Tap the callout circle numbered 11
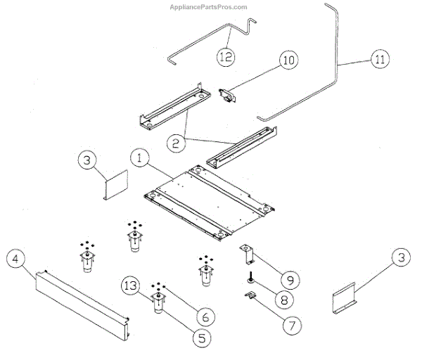point(380,61)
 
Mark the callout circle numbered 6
point(205,313)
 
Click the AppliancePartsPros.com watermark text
point(210,7)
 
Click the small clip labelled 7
point(249,296)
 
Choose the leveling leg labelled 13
point(158,305)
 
